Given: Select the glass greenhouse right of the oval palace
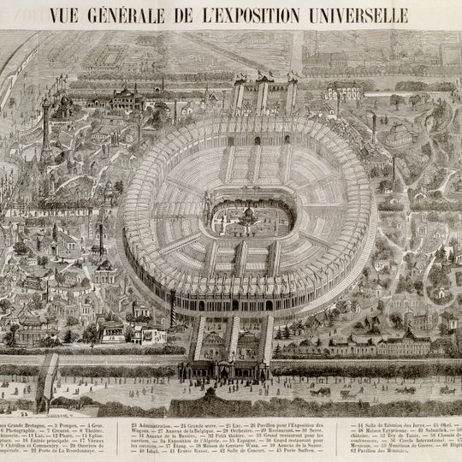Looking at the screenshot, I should coord(399,137).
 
